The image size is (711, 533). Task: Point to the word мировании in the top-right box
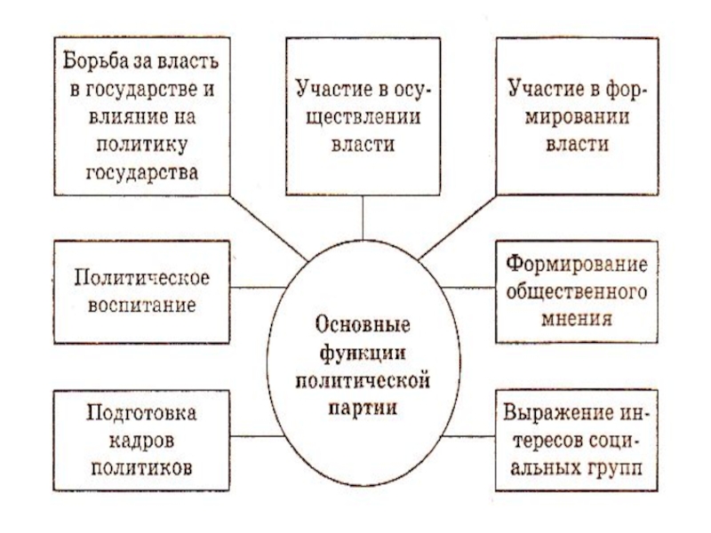571,116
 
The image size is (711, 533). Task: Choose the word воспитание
140,303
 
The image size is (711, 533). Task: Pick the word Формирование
575,265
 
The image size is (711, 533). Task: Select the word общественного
575,290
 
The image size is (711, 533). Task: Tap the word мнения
575,316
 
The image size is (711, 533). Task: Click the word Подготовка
140,414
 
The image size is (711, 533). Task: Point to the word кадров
140,441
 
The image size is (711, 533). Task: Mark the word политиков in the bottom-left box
140,467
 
